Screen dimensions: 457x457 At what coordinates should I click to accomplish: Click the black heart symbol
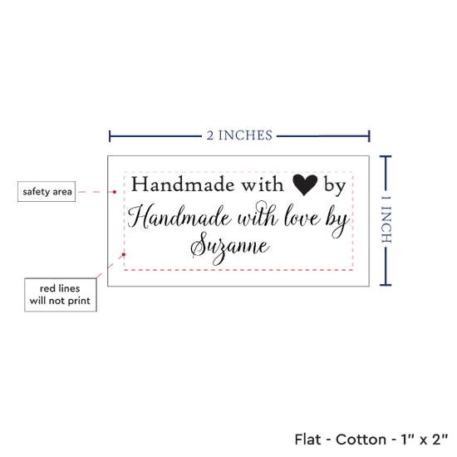305,184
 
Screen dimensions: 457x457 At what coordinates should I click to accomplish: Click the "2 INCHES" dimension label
239,135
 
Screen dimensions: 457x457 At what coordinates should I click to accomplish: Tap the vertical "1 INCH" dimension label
386,219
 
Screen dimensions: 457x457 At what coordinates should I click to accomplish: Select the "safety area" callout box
47,191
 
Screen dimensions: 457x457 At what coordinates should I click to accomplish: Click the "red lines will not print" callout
61,295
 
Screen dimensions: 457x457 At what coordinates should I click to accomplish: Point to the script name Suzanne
229,247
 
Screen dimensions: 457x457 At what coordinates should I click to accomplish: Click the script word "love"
302,216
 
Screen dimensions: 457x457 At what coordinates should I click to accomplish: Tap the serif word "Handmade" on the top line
183,184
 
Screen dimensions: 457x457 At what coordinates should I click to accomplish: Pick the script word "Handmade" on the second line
179,216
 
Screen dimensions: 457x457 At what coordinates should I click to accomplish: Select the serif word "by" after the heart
335,185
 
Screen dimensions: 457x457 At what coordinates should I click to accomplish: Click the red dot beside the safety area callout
115,192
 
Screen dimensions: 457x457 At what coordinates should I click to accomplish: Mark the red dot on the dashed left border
124,255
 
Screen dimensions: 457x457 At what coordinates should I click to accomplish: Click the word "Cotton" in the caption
361,440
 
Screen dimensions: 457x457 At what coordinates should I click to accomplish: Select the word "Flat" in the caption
307,440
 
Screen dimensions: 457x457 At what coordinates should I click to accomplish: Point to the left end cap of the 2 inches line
110,136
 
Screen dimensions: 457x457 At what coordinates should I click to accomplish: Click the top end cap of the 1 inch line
386,157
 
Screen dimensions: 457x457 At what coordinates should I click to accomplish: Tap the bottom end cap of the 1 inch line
386,285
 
